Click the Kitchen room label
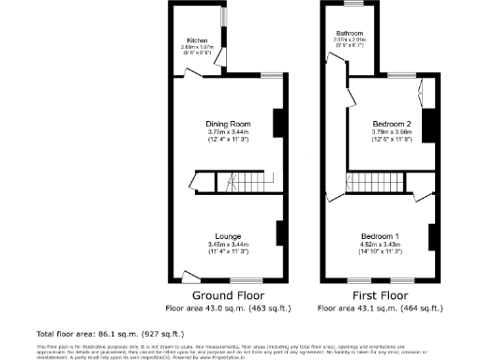point(197,41)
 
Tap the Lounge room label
point(228,235)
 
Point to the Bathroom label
point(350,34)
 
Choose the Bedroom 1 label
point(384,235)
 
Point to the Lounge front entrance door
point(190,277)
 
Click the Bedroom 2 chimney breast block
point(430,126)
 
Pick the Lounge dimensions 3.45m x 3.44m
point(228,245)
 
